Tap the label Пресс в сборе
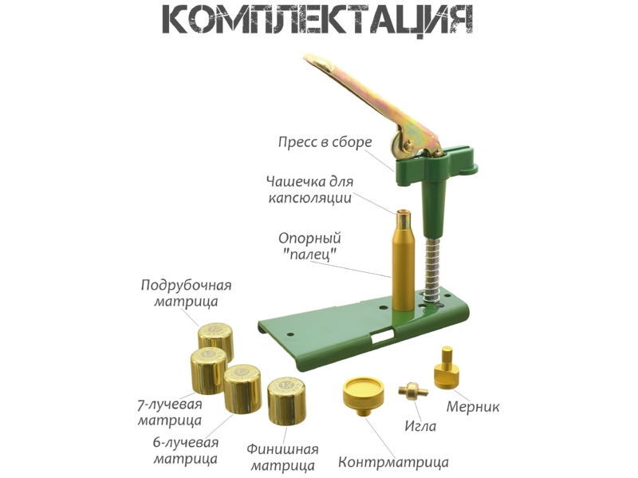pyautogui.click(x=325, y=143)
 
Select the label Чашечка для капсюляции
pyautogui.click(x=309, y=189)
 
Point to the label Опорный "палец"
pyautogui.click(x=309, y=246)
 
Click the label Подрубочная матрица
pyautogui.click(x=186, y=293)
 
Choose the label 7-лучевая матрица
pyautogui.click(x=169, y=412)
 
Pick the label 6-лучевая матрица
pyautogui.click(x=186, y=450)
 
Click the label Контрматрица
pyautogui.click(x=393, y=463)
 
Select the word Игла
pyautogui.click(x=420, y=426)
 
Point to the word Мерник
pyautogui.click(x=473, y=406)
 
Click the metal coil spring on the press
pyautogui.click(x=432, y=268)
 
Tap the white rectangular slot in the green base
pyautogui.click(x=383, y=335)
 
